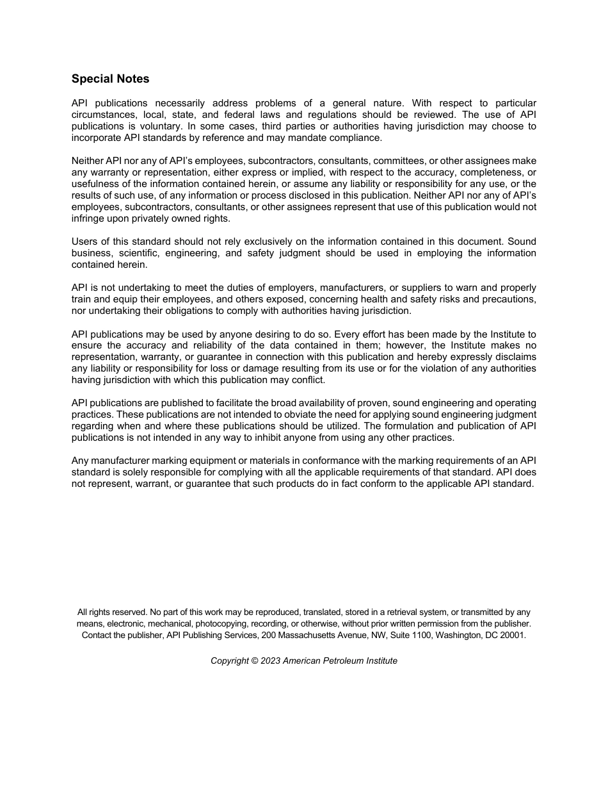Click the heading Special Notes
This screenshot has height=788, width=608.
click(110, 79)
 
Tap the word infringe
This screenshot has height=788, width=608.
click(89, 218)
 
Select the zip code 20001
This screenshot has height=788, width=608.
click(513, 635)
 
